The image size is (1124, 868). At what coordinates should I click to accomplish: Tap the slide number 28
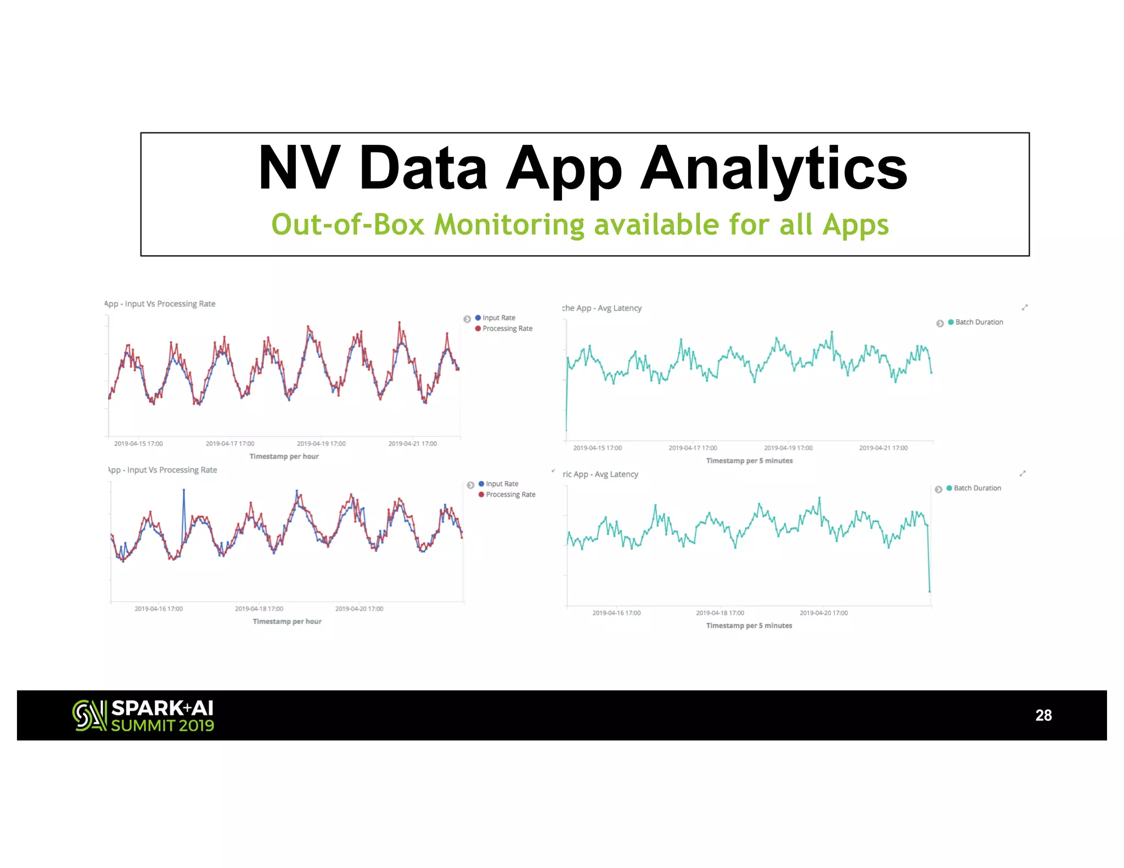(x=1043, y=715)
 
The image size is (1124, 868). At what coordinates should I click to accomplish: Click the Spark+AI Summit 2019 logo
(x=143, y=715)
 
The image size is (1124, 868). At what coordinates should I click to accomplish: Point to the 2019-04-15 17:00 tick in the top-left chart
(x=138, y=443)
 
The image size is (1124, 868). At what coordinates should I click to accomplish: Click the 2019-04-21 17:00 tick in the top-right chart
(x=883, y=448)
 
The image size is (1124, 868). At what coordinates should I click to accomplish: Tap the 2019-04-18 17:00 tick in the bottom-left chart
(x=259, y=608)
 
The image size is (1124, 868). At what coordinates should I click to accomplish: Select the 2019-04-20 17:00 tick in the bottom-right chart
(x=823, y=613)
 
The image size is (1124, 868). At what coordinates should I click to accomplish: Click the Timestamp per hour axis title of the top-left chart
(x=284, y=456)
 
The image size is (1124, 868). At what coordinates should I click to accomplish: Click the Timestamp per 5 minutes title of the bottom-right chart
(x=749, y=625)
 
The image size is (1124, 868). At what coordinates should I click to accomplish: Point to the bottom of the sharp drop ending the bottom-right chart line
(x=929, y=591)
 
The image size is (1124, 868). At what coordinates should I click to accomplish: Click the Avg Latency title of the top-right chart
(x=619, y=308)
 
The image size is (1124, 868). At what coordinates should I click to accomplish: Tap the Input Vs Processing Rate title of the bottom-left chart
(x=171, y=470)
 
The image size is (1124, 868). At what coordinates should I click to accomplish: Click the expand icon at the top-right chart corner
(x=1024, y=307)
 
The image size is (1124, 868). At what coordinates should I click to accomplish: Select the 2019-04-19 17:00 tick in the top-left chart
(x=321, y=443)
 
